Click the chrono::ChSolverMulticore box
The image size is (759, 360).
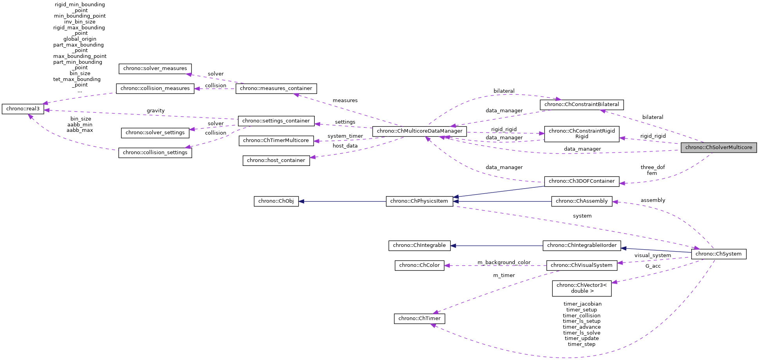tap(719, 148)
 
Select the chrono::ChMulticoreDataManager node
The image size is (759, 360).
tap(419, 131)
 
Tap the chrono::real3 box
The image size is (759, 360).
tap(23, 109)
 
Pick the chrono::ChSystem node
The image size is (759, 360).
tap(719, 254)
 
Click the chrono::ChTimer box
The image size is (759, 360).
tap(419, 319)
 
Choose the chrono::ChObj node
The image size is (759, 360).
tap(276, 201)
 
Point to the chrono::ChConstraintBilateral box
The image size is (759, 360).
tap(581, 104)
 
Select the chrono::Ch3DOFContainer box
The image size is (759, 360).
tap(581, 181)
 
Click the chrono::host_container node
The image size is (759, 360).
tap(276, 160)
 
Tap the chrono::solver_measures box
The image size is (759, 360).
tap(155, 68)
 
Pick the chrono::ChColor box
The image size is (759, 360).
tap(419, 265)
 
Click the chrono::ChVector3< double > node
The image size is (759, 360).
tap(581, 288)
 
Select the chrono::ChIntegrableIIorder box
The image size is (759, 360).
tap(581, 245)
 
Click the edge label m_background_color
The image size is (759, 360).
tap(504, 262)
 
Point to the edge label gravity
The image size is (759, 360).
tap(155, 111)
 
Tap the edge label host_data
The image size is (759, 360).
tap(345, 146)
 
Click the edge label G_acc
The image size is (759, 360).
tap(653, 266)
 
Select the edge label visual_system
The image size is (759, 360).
tap(653, 256)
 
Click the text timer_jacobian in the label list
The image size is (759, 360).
tap(582, 304)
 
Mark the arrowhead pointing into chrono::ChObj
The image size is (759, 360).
tap(301, 202)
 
